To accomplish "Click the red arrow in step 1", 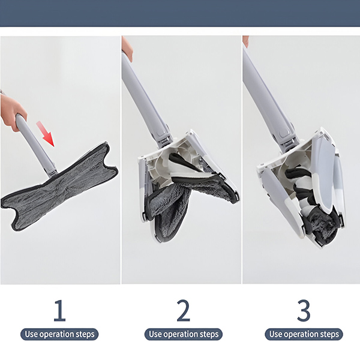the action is coord(46,134).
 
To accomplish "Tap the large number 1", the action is coord(59,310).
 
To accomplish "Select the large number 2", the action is coord(184,310).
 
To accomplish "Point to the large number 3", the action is coord(304,310).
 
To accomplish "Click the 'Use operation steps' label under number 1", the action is coord(59,334).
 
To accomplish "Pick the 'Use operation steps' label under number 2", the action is coord(184,334).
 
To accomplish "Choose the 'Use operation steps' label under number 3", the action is coord(304,334).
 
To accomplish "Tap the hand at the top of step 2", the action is coord(127,48).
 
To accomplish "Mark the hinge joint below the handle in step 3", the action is coord(290,145).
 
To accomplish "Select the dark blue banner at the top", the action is coord(180,13).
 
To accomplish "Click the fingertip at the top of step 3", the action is coord(245,41).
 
